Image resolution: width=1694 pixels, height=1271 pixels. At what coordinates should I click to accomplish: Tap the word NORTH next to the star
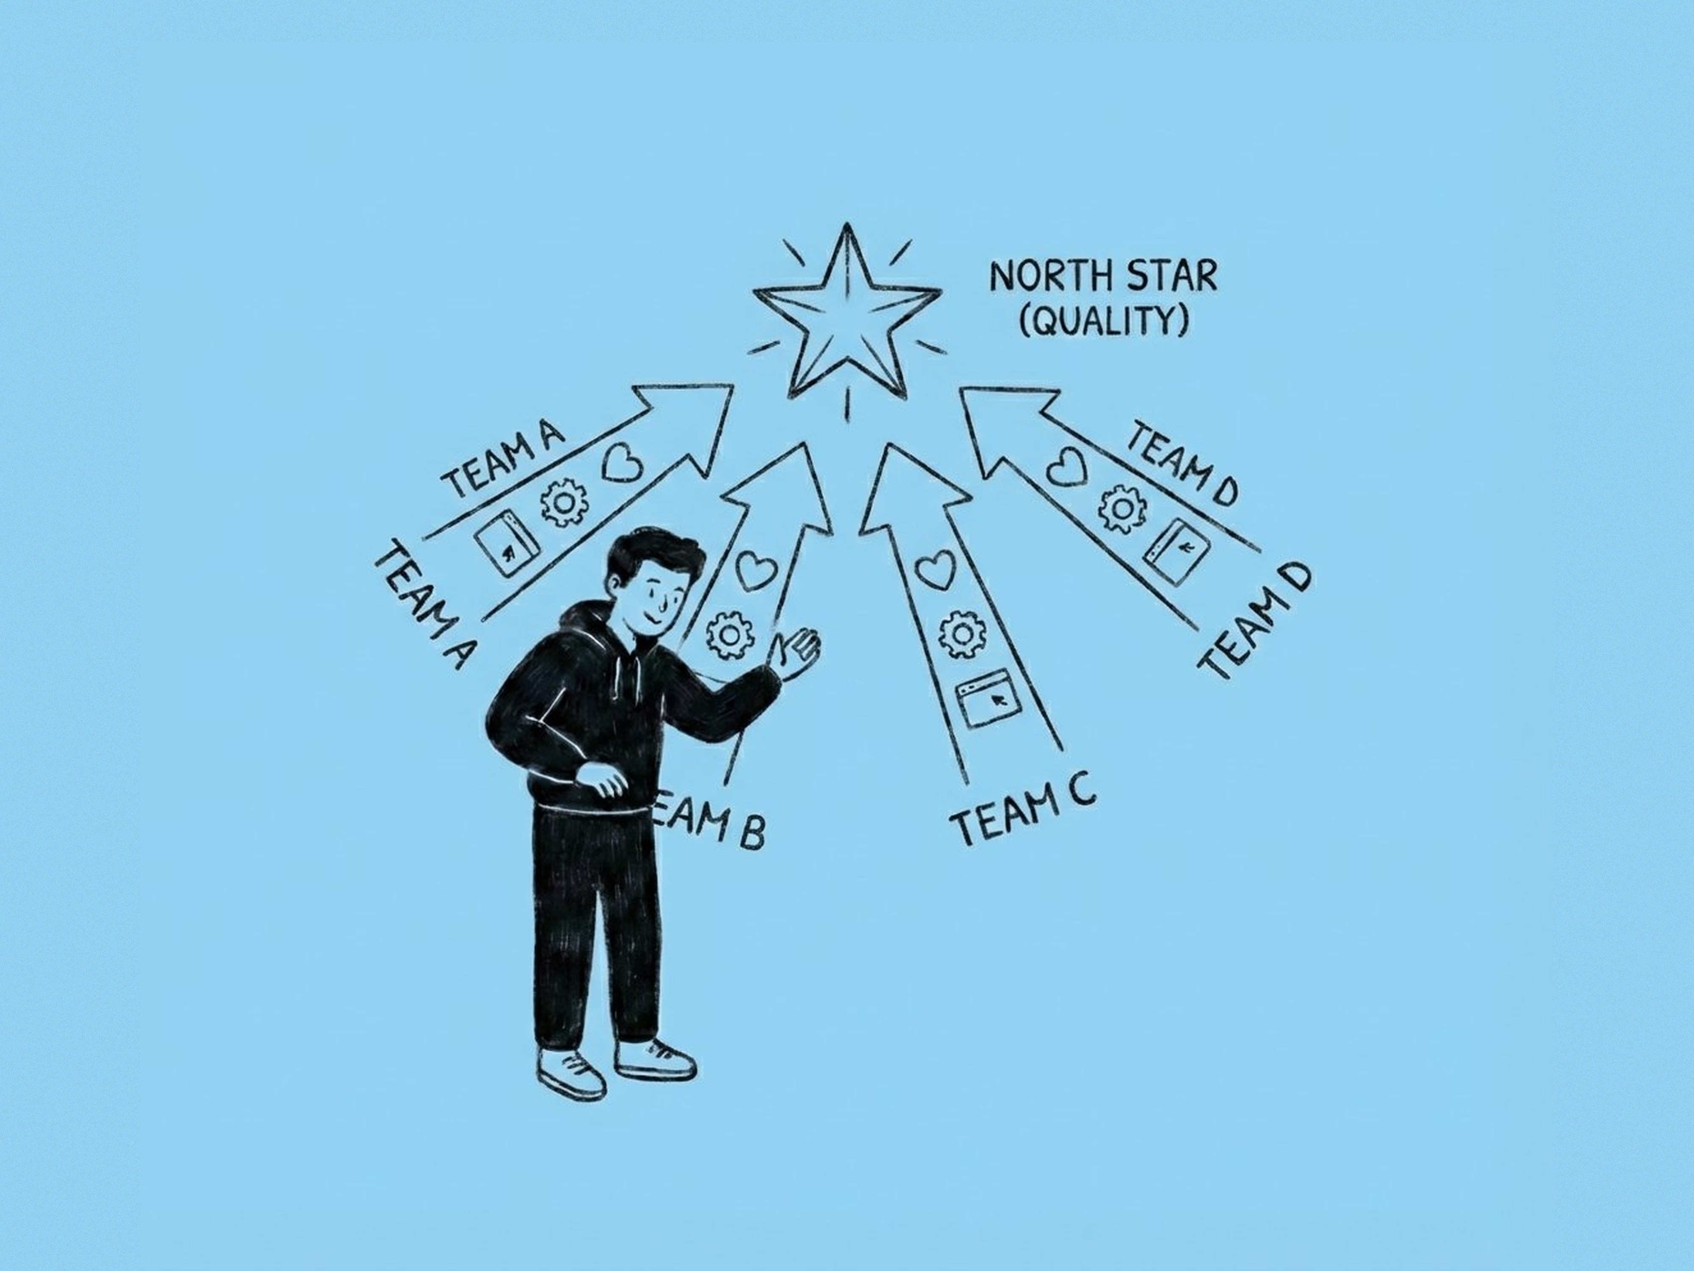pos(1043,278)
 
